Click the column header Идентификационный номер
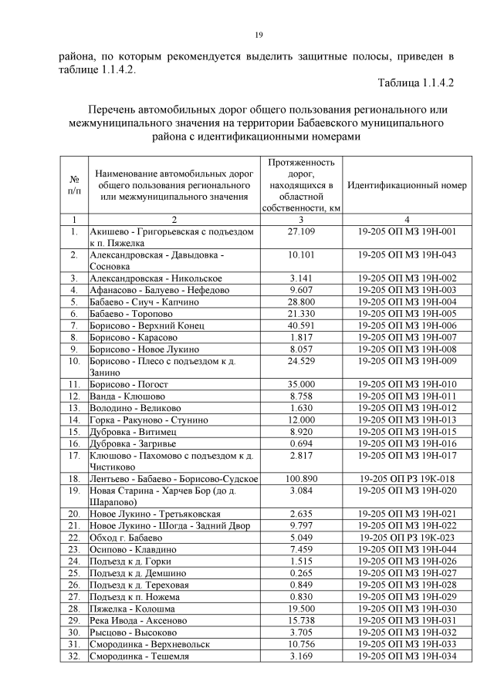[x=407, y=186]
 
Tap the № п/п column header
[x=73, y=186]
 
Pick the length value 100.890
[x=301, y=478]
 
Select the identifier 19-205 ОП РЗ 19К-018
[x=407, y=478]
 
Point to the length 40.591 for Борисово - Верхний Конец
[x=301, y=327]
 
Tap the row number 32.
[x=74, y=656]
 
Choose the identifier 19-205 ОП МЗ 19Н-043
[x=407, y=255]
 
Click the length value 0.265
[x=301, y=573]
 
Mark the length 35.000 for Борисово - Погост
[x=301, y=383]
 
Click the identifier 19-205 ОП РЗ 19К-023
[x=407, y=537]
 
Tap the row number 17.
[x=74, y=455]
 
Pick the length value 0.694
[x=301, y=443]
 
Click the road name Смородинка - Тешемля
[x=140, y=656]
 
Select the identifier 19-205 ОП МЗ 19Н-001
[x=407, y=231]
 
